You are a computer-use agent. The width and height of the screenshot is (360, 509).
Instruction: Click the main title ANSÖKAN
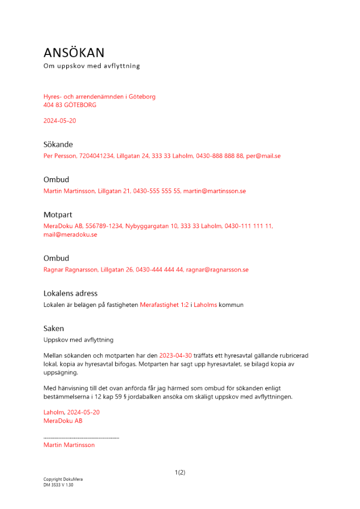point(74,53)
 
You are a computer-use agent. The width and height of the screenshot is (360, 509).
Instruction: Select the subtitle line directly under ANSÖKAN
point(92,66)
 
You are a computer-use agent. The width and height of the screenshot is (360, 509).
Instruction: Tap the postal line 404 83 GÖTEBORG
point(70,105)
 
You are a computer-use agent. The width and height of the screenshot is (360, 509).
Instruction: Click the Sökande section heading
point(58,145)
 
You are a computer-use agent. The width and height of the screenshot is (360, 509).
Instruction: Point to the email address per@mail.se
point(263,156)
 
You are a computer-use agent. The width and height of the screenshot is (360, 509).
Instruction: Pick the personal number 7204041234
point(96,156)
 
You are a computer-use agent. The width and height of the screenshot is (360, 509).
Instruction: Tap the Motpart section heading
point(58,215)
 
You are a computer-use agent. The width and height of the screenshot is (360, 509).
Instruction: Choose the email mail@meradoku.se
point(70,235)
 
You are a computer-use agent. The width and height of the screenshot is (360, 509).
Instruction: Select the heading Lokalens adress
point(70,294)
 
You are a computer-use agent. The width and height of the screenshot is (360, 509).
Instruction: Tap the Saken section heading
point(53,329)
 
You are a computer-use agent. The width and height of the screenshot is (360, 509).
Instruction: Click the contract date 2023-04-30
point(176,355)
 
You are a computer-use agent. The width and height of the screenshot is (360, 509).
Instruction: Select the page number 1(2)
point(180,472)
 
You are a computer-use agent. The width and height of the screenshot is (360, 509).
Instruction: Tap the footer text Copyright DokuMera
point(63,479)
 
